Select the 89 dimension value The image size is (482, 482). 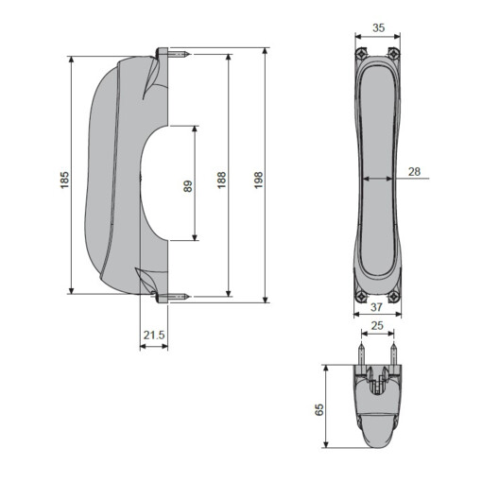187,186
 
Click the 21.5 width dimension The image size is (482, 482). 153,335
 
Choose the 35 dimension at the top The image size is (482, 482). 377,28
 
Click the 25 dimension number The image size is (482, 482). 377,326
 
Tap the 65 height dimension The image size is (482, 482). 318,408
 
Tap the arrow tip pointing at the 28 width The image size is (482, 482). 392,178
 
